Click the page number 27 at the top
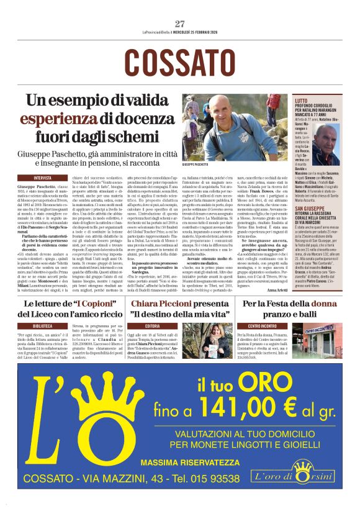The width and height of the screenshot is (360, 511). point(180,24)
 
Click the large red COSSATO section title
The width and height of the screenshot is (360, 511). point(179,63)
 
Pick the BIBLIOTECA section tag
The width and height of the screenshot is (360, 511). point(43,325)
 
